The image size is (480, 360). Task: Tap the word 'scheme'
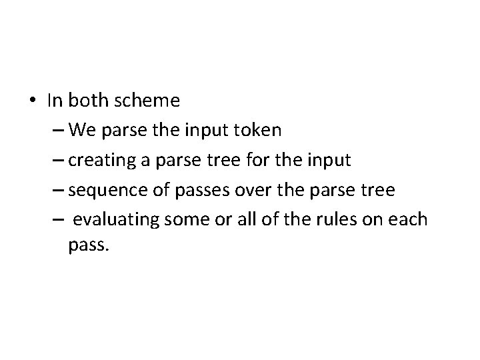click(x=147, y=101)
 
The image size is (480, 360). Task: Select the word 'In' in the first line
click(x=55, y=101)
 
